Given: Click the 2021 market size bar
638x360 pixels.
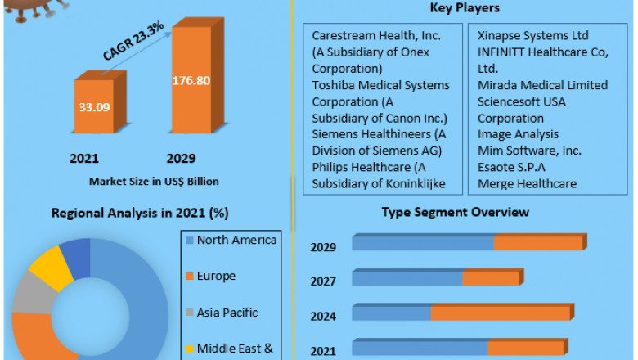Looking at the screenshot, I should point(97,106).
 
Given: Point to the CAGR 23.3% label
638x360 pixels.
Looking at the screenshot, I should point(133,41).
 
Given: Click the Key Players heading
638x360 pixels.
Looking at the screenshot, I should point(464,8).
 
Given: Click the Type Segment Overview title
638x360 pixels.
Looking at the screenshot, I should point(456,213).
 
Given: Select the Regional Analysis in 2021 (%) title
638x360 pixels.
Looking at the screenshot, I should point(140,213).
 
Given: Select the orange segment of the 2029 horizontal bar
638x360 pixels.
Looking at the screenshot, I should point(538,243).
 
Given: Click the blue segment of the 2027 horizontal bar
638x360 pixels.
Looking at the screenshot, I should point(407,278).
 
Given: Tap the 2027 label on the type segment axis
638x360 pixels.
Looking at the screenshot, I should point(323,281).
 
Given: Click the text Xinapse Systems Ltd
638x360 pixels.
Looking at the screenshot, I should point(532,36).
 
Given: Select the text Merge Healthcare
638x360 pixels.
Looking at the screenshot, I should point(527,183).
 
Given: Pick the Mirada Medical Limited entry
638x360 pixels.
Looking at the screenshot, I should point(542,85).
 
